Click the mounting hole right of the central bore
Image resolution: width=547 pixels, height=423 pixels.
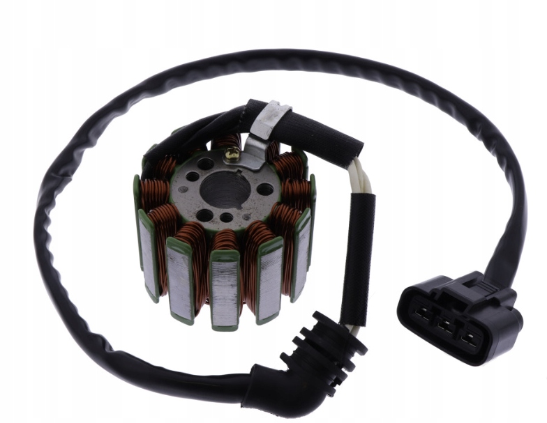(264, 189)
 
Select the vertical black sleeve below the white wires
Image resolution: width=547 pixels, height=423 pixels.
(359, 258)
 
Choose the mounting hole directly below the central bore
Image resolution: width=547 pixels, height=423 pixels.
(225, 217)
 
